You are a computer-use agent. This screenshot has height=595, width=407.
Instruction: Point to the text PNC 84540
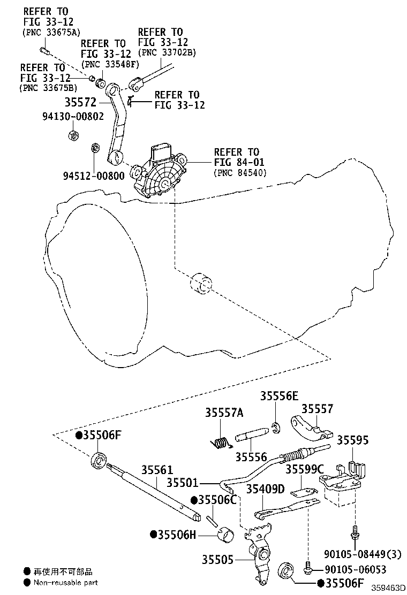pos(239,172)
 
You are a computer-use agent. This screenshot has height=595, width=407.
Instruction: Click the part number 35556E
pos(279,396)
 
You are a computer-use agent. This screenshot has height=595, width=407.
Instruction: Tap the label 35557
pos(317,409)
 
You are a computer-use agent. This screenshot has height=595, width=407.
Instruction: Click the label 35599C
pos(304,469)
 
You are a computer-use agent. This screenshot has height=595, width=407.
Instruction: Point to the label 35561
pos(157,470)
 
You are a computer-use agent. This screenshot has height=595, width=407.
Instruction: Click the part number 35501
pos(182,483)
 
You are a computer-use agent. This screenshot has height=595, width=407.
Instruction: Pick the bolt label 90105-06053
pos(356,570)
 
